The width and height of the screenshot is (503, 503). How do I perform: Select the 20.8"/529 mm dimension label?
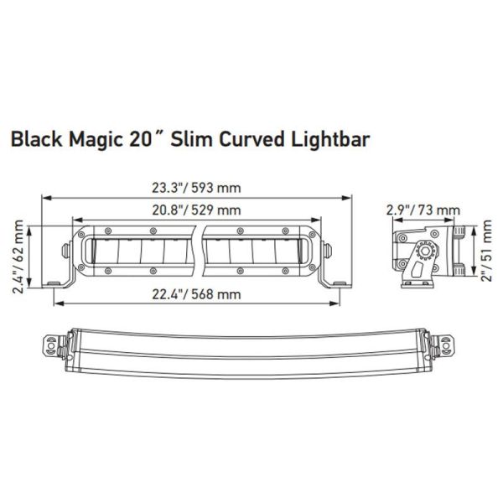click(x=197, y=210)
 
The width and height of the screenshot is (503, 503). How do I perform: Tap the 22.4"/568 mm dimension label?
click(x=197, y=293)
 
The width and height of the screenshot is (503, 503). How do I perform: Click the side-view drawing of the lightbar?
click(x=428, y=252)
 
